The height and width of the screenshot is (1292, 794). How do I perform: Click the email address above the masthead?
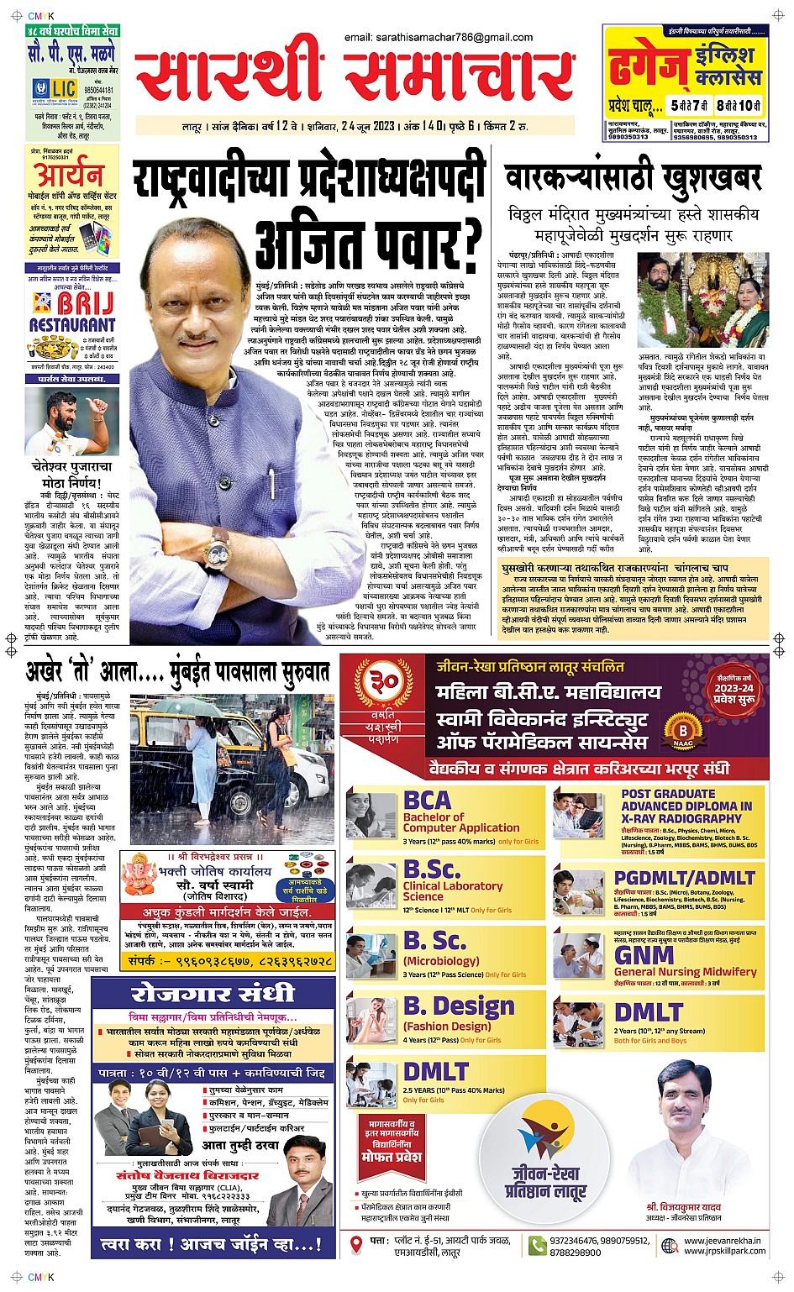click(438, 37)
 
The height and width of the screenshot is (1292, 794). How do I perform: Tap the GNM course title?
click(644, 956)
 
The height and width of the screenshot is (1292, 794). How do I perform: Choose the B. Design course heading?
click(459, 1006)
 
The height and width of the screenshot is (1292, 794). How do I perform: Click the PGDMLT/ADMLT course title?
click(684, 878)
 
